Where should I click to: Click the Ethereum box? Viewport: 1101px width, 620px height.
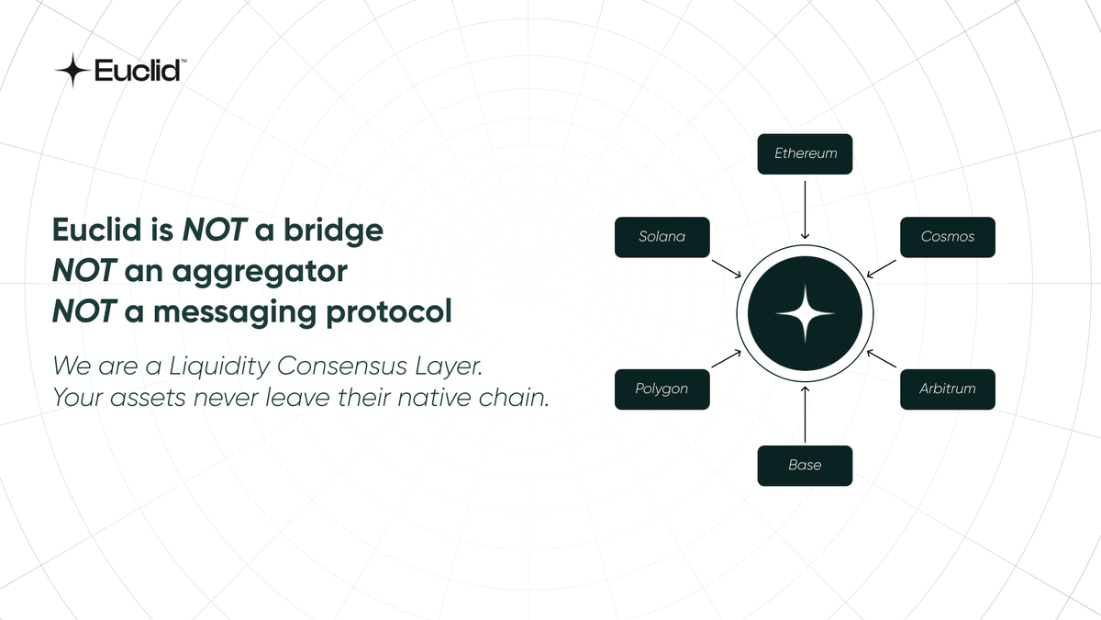[805, 154]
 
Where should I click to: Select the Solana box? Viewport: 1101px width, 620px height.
[662, 237]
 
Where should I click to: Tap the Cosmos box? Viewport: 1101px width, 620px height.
[948, 237]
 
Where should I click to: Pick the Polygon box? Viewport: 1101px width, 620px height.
[662, 389]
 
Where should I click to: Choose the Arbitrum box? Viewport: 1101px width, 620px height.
[948, 389]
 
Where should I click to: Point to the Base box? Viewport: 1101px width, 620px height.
[805, 466]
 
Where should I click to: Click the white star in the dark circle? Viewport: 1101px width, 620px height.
[805, 313]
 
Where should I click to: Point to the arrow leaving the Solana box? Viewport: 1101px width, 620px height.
[727, 266]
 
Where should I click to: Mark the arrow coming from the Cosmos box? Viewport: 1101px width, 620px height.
[883, 266]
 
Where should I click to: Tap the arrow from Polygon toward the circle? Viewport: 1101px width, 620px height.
[727, 359]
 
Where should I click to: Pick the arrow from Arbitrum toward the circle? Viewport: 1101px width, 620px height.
[883, 359]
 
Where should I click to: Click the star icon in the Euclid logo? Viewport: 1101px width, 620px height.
[72, 71]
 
